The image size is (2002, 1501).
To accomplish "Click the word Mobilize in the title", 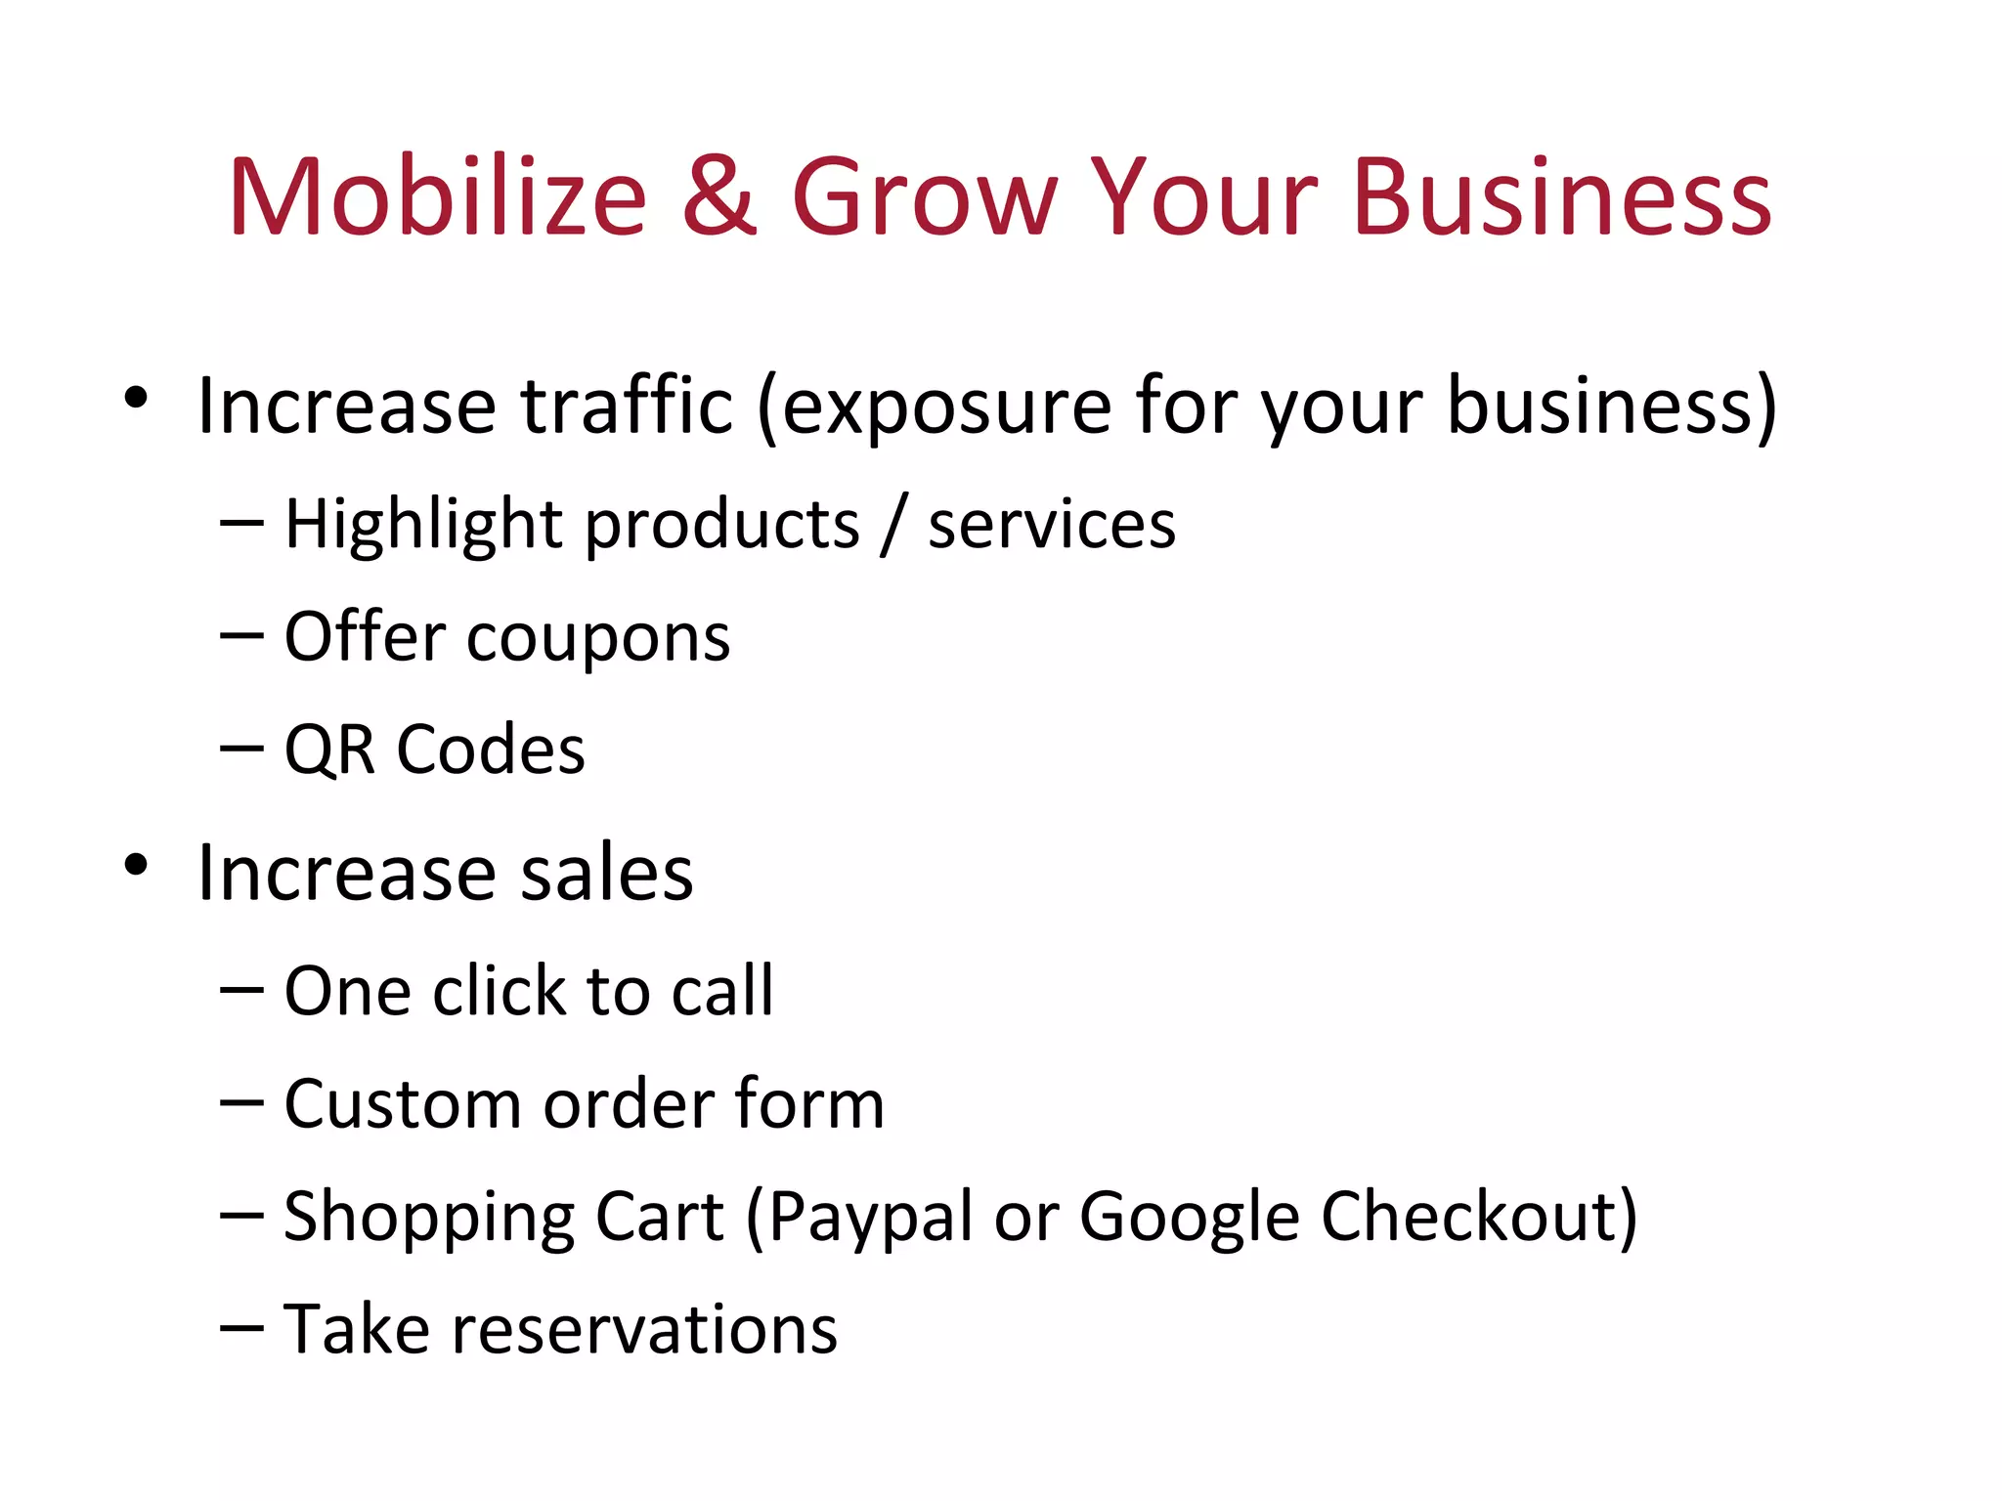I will pyautogui.click(x=437, y=197).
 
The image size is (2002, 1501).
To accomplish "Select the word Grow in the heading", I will pyautogui.click(x=925, y=197).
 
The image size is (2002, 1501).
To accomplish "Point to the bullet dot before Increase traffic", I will pyautogui.click(x=136, y=398).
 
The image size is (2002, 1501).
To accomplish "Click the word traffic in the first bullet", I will pyautogui.click(x=627, y=406).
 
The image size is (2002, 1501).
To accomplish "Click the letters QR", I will pyautogui.click(x=329, y=750).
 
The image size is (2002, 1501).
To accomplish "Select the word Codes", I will pyautogui.click(x=491, y=750).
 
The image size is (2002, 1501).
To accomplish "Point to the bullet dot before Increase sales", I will pyautogui.click(x=136, y=865).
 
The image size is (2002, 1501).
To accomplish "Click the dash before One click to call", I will pyautogui.click(x=241, y=990).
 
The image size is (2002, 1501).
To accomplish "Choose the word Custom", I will pyautogui.click(x=402, y=1104).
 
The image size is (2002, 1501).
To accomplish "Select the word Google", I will pyautogui.click(x=1190, y=1219).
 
